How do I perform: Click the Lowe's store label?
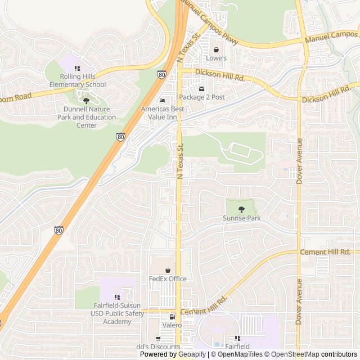click(x=216, y=58)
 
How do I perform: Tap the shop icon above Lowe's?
click(x=216, y=49)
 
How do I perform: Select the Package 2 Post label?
click(x=202, y=97)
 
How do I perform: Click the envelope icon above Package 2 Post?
click(x=202, y=88)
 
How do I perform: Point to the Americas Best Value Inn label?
click(x=163, y=112)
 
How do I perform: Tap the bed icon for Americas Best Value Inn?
click(x=163, y=101)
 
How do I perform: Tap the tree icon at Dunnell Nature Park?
click(x=86, y=101)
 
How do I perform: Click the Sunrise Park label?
click(x=242, y=218)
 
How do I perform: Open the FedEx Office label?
click(x=167, y=278)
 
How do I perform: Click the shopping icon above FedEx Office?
click(x=167, y=270)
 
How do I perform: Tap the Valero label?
click(x=172, y=325)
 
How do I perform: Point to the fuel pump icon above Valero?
click(x=172, y=317)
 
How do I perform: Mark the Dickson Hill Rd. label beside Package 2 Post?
click(x=220, y=75)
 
